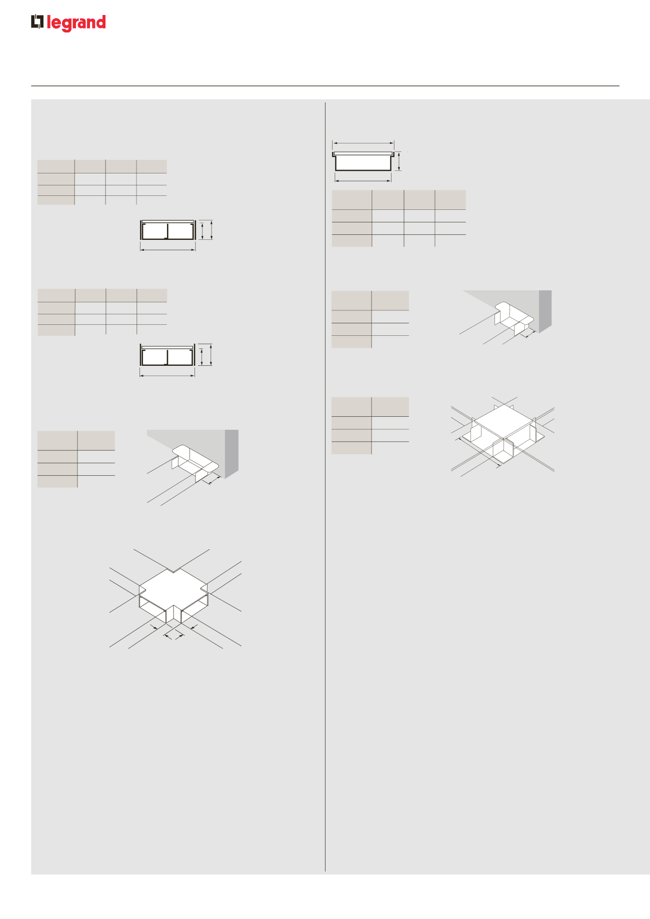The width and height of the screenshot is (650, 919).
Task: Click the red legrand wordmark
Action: click(x=76, y=23)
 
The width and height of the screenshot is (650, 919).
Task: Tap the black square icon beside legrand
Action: click(x=37, y=22)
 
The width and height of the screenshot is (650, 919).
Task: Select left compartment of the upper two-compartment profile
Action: click(x=154, y=231)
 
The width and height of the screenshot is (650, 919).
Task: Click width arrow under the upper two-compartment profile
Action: click(x=168, y=249)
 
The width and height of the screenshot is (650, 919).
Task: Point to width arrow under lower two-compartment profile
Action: click(x=167, y=375)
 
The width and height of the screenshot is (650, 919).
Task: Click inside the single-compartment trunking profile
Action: click(x=363, y=162)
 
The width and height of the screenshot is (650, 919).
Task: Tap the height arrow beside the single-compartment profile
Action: click(x=399, y=161)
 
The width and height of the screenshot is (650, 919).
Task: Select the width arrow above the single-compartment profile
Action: click(x=363, y=143)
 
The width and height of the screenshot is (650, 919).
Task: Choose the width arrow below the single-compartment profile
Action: click(x=363, y=180)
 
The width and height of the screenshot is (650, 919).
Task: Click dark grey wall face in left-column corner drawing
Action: click(x=232, y=454)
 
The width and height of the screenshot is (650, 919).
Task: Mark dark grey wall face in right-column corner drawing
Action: click(x=545, y=311)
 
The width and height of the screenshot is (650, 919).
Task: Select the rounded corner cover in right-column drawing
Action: click(x=514, y=314)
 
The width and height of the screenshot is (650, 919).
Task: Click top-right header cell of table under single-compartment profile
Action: click(x=450, y=199)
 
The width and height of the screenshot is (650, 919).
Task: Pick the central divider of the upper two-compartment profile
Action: click(x=167, y=231)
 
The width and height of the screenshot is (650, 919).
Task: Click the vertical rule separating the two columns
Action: click(x=325, y=487)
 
